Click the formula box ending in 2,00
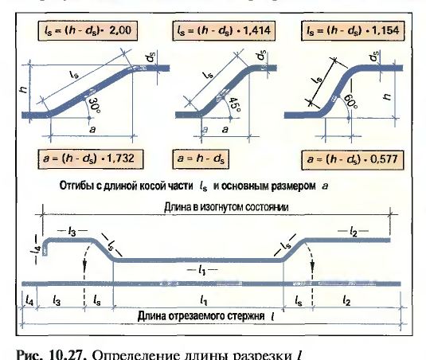88,31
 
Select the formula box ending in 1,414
224,31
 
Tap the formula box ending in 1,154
353,31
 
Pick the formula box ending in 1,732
91,159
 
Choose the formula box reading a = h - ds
201,159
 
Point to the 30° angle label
93,106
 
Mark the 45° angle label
234,105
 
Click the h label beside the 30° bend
24,89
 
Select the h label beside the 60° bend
387,96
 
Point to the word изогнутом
221,207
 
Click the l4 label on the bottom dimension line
29,301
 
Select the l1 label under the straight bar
202,270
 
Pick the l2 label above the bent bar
354,232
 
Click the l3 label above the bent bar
72,232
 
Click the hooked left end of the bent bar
45,247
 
